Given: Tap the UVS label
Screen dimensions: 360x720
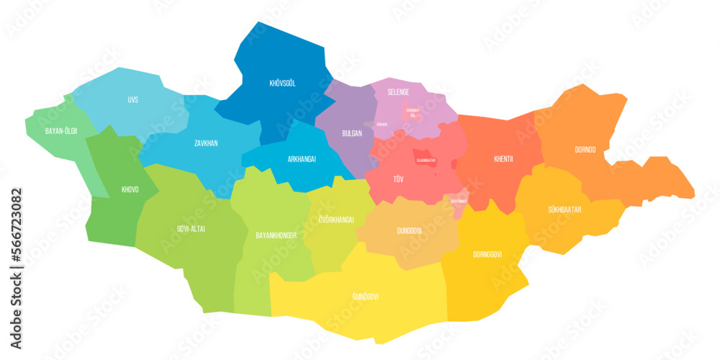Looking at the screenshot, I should [132, 99].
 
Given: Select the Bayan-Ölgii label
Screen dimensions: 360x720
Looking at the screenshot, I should [60, 131].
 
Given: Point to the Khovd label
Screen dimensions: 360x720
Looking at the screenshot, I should [130, 190].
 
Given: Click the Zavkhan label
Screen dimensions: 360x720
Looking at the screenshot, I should [206, 143].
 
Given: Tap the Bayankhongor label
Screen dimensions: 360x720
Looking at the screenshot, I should [277, 235].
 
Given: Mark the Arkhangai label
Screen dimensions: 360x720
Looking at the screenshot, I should [302, 159].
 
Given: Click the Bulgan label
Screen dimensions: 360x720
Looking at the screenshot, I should [352, 134].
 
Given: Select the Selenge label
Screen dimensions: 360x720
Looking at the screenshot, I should [397, 92].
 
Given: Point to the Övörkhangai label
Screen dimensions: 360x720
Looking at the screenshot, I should [336, 220].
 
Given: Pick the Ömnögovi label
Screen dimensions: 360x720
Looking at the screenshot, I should [365, 297].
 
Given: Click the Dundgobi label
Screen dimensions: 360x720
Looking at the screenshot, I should [410, 231].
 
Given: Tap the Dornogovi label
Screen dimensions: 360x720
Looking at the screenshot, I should [487, 254].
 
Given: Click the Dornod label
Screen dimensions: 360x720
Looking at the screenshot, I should [585, 150].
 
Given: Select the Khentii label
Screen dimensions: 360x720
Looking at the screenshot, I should [504, 159].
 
